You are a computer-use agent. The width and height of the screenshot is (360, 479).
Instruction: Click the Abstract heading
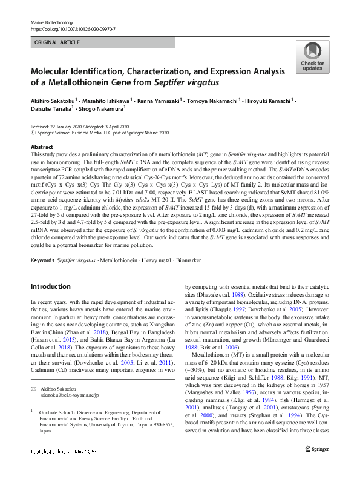point(42,147)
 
